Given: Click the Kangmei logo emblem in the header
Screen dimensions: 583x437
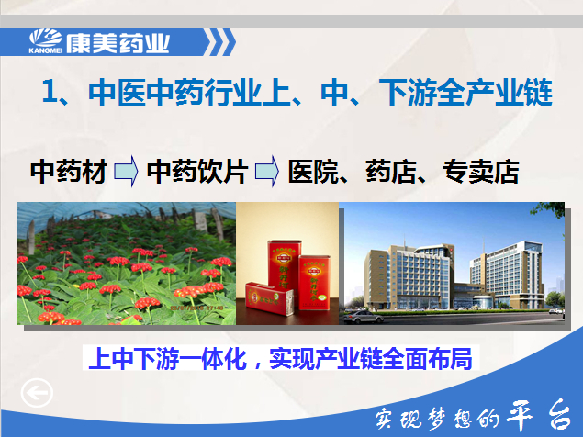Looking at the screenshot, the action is [45, 39].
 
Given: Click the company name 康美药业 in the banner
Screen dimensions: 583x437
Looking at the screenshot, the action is [118, 43].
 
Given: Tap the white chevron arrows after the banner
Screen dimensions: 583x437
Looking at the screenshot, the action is [221, 42].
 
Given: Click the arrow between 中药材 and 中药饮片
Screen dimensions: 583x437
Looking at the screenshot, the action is [126, 171].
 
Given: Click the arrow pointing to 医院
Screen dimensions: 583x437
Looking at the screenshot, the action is [266, 171].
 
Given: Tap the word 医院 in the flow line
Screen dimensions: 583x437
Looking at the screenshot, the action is [313, 172].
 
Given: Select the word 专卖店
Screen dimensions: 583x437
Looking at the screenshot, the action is [481, 172].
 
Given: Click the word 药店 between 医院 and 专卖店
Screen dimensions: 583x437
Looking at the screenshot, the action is [391, 172].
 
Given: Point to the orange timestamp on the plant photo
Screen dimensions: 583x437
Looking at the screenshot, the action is [196, 308].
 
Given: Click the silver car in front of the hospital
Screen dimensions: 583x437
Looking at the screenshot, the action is [363, 318].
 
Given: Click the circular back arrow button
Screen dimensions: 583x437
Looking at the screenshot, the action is [37, 393].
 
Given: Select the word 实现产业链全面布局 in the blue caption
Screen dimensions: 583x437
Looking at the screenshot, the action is [371, 359].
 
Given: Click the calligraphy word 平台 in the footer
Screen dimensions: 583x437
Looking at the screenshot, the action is [538, 415].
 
